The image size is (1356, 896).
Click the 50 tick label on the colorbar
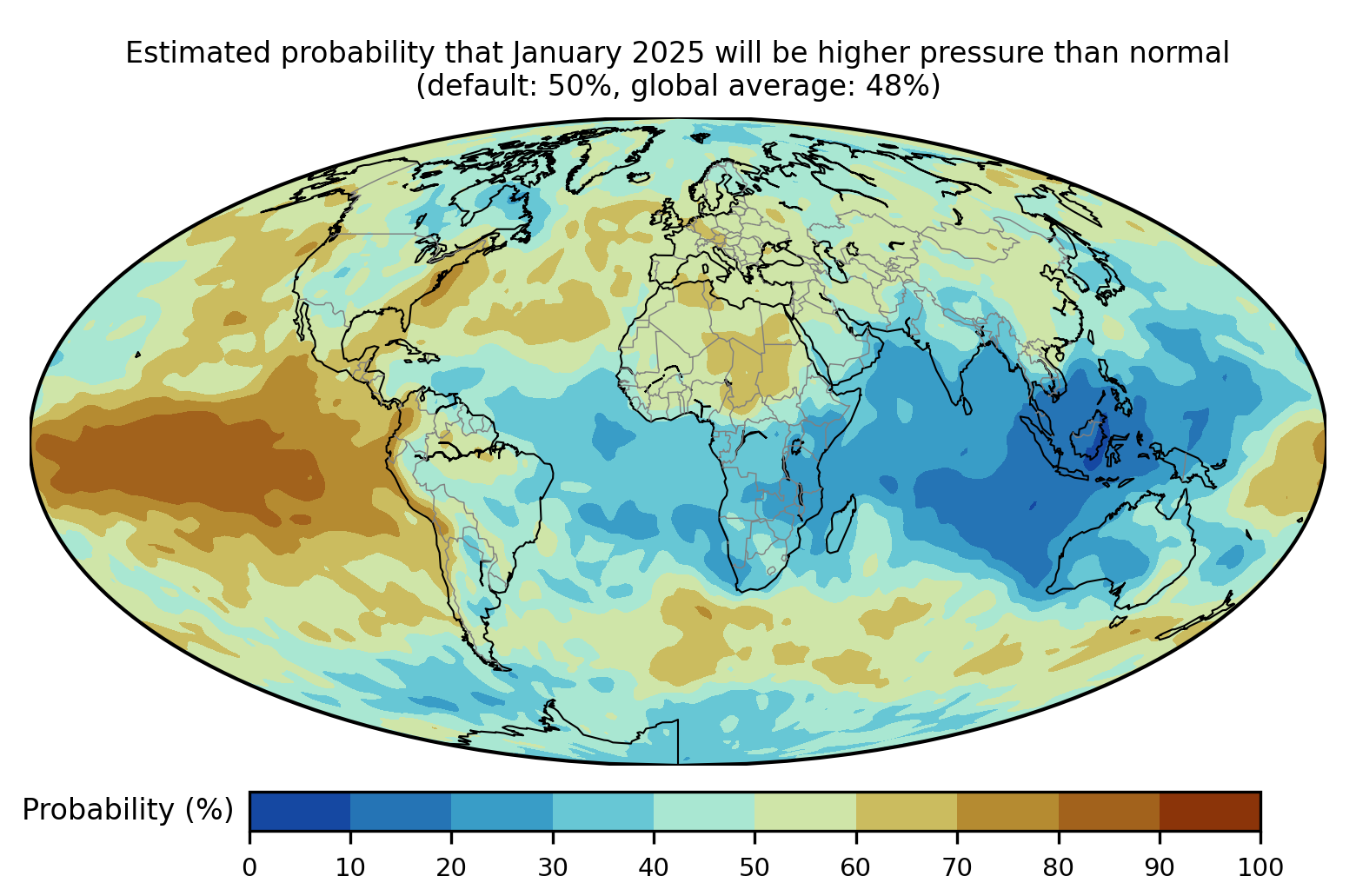(754, 867)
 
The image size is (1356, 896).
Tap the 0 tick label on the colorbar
(249, 867)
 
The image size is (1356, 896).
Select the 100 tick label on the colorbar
(1260, 867)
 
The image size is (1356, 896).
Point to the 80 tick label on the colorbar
(1058, 867)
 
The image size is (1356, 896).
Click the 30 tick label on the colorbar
(553, 867)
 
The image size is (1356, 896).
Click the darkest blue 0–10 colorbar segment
(300, 811)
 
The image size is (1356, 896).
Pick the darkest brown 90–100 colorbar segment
(1210, 811)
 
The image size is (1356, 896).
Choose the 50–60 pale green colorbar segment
(805, 811)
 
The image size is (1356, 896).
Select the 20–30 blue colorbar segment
(502, 811)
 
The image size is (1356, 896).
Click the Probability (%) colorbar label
(128, 810)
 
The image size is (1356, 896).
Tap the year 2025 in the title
(668, 53)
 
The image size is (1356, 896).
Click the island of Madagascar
(841, 524)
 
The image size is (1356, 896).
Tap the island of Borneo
(1090, 437)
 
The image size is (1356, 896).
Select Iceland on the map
(639, 177)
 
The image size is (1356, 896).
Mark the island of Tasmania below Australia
(1118, 621)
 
